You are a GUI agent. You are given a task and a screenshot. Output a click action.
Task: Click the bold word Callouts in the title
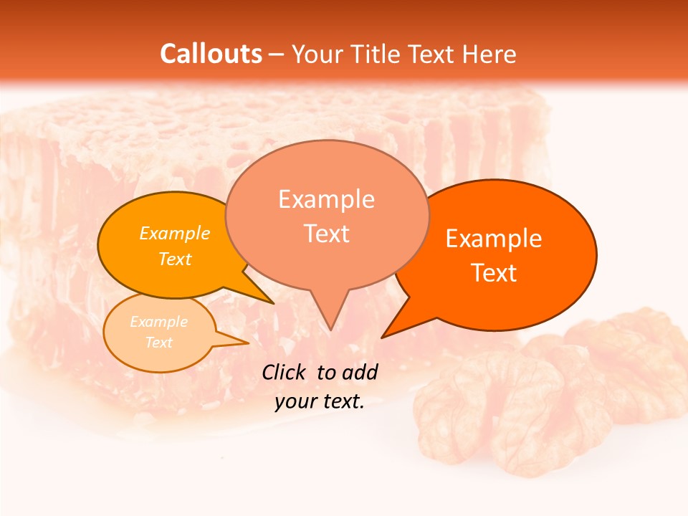[x=211, y=54]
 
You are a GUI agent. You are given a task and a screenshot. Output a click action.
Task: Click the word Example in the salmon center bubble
[x=326, y=199]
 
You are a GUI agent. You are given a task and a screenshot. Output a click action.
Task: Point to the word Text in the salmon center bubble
[x=326, y=234]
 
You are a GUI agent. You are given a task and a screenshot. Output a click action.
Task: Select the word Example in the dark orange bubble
[x=494, y=239]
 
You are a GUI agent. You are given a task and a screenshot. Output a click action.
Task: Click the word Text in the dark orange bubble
[x=494, y=273]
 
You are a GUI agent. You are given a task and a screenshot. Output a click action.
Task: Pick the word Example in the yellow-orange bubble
[x=175, y=234]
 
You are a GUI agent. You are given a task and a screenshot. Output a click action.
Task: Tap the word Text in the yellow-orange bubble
[x=175, y=259]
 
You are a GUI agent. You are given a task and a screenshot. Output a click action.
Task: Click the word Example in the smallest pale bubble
[x=158, y=322]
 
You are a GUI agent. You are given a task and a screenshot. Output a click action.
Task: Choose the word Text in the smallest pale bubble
[x=158, y=343]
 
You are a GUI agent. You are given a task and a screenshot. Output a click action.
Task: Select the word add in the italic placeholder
[x=359, y=372]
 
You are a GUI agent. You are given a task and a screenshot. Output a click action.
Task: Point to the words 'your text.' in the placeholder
[x=320, y=402]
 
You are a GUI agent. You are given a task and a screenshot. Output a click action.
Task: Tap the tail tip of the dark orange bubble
[x=382, y=337]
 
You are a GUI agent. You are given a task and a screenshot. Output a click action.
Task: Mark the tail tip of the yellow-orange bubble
[x=273, y=303]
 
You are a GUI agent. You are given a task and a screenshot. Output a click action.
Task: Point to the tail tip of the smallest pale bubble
[x=248, y=343]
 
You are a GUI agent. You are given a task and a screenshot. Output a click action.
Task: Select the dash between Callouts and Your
[x=277, y=54]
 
